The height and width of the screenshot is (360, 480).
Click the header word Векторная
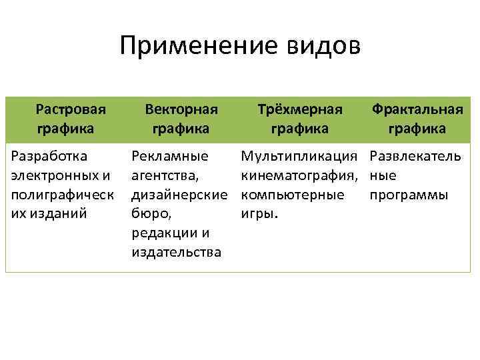pyautogui.click(x=181, y=107)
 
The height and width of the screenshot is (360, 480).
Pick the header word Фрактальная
pyautogui.click(x=417, y=107)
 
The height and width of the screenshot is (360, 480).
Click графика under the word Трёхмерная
pyautogui.click(x=299, y=127)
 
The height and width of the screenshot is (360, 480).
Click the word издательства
pyautogui.click(x=177, y=253)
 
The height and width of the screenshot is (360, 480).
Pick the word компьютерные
pyautogui.click(x=293, y=195)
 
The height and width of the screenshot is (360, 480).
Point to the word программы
pyautogui.click(x=408, y=195)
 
